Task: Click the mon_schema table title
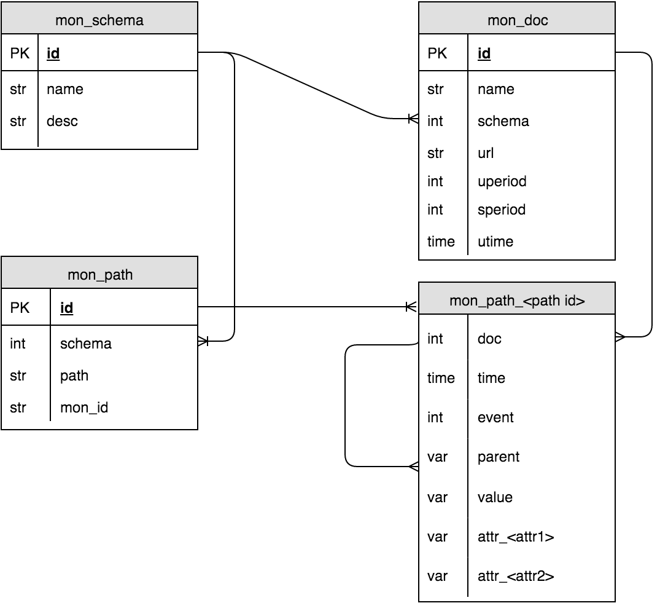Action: tap(99, 20)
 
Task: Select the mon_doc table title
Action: tap(517, 20)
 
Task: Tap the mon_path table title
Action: tap(99, 274)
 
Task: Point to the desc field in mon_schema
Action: tap(62, 121)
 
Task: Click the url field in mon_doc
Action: tap(486, 153)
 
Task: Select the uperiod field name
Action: tap(502, 181)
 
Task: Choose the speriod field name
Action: tap(502, 210)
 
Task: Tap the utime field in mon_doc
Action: tap(495, 242)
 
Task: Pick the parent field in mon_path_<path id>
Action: tap(499, 457)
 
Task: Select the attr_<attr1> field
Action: tap(516, 537)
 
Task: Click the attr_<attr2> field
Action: tap(516, 576)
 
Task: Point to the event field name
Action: tap(495, 417)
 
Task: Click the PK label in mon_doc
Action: tap(437, 53)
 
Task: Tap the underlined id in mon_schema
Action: tap(53, 53)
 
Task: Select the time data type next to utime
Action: tap(441, 242)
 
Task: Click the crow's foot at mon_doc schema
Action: tap(413, 118)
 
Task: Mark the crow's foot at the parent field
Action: tap(413, 467)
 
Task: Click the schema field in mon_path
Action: tap(86, 344)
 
